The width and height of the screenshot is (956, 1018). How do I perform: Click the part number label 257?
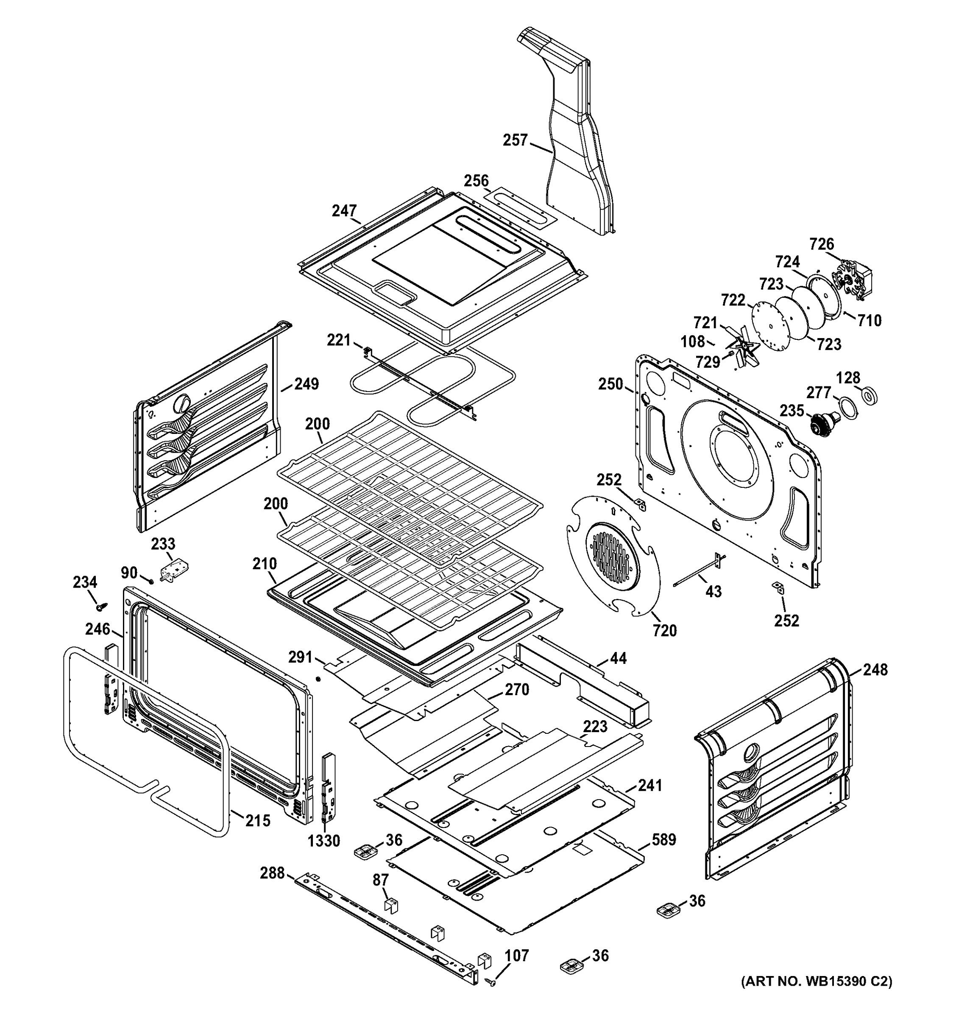(515, 140)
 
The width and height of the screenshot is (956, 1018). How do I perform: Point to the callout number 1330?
(324, 840)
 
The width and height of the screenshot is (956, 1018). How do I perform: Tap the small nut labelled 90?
(151, 581)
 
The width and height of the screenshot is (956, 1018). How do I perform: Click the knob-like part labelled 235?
(823, 422)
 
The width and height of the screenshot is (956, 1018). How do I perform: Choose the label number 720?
(664, 630)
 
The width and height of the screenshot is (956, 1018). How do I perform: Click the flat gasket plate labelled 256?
(519, 207)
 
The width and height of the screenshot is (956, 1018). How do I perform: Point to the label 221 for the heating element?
(339, 340)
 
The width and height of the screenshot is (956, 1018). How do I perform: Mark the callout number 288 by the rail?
(272, 873)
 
